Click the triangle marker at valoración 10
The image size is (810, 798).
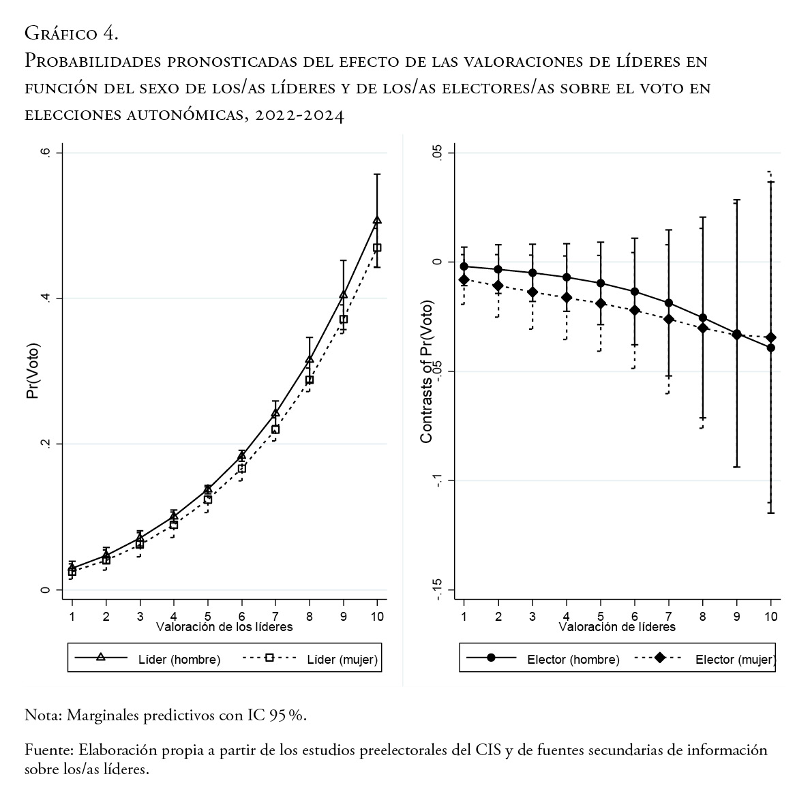(x=377, y=220)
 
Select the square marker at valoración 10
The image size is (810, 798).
(x=377, y=248)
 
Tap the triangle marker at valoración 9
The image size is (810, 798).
(x=344, y=294)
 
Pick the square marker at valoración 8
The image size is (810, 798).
(x=310, y=380)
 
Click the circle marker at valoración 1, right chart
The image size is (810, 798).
(x=464, y=266)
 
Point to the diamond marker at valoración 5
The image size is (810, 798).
(x=601, y=303)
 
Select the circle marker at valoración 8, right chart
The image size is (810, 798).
(x=703, y=318)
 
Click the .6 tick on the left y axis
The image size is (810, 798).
(x=46, y=153)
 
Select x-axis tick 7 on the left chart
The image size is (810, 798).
(x=275, y=615)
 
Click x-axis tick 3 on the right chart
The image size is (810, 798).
(x=532, y=615)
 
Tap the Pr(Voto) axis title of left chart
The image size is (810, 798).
(x=33, y=371)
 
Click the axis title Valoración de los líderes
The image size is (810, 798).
(x=224, y=626)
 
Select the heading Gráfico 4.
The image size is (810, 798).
(x=72, y=32)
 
